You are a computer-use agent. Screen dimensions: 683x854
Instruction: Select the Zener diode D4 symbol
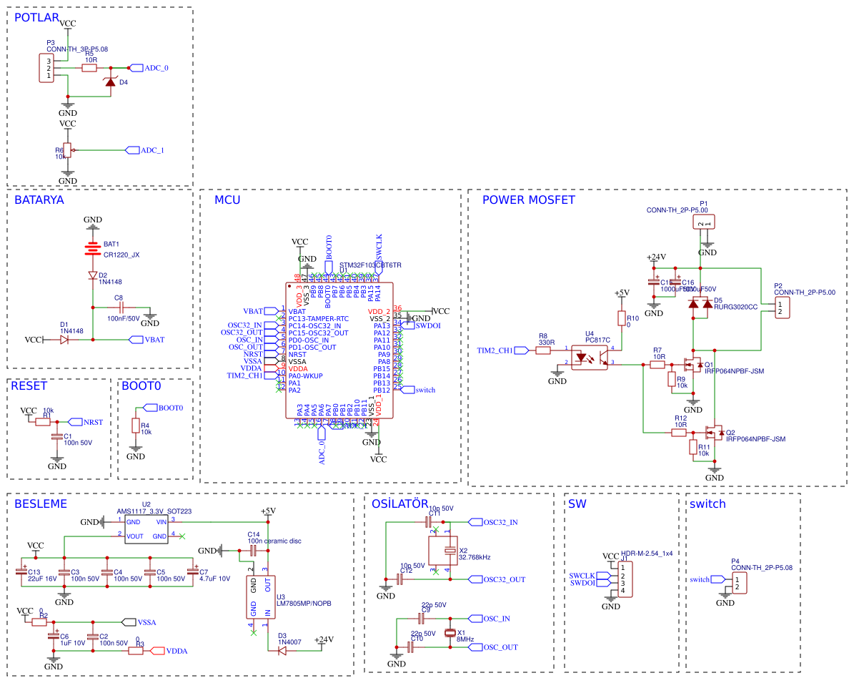pos(109,82)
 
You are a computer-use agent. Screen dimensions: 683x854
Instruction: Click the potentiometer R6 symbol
pos(67,151)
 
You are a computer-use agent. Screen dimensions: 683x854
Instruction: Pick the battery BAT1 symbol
pos(92,249)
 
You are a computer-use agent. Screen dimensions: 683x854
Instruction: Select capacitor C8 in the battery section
pos(119,308)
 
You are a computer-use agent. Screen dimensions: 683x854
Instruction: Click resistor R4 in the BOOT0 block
pos(135,426)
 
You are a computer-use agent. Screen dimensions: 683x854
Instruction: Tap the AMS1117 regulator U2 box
pos(147,529)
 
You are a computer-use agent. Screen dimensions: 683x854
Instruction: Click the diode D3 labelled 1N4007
pos(282,650)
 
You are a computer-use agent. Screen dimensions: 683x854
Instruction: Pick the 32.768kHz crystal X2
pos(448,551)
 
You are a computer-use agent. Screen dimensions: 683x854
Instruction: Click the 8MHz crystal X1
pos(450,633)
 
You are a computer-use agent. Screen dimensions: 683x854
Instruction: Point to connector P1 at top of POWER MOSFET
pos(704,224)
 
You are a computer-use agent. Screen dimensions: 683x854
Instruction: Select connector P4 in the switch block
pos(738,583)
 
